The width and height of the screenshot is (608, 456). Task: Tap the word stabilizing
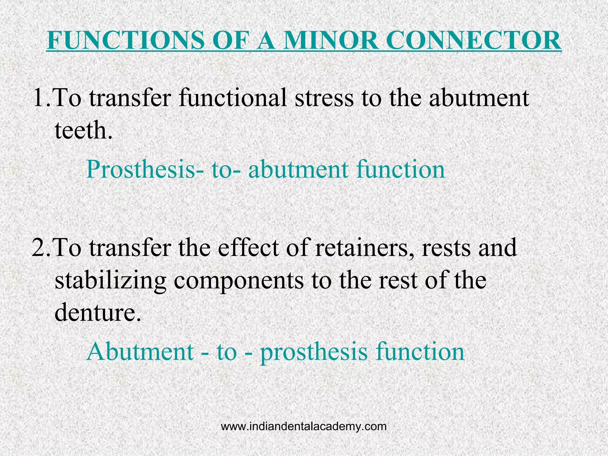(x=110, y=281)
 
